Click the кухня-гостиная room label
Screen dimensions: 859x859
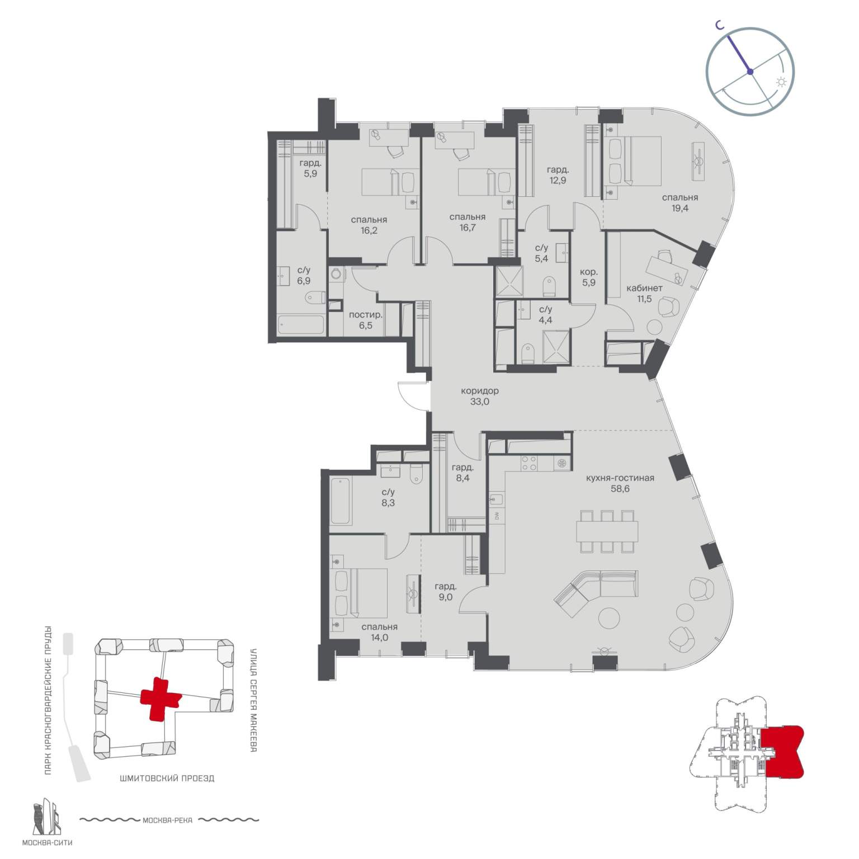(x=620, y=478)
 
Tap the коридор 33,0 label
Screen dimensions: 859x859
(x=480, y=396)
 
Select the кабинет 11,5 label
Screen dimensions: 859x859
(x=644, y=293)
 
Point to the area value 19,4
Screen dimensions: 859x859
(x=680, y=207)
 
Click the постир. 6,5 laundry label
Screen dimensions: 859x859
(x=366, y=320)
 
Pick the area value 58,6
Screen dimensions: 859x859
(x=620, y=489)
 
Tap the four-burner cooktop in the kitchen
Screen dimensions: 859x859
(x=529, y=464)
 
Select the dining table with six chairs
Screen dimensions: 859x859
(x=607, y=531)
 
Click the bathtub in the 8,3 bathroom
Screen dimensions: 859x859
(x=340, y=501)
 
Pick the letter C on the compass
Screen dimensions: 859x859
(x=721, y=25)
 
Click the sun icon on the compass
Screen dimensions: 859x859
(x=781, y=82)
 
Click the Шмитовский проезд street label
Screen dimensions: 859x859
(x=167, y=778)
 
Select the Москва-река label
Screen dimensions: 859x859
(x=167, y=820)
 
